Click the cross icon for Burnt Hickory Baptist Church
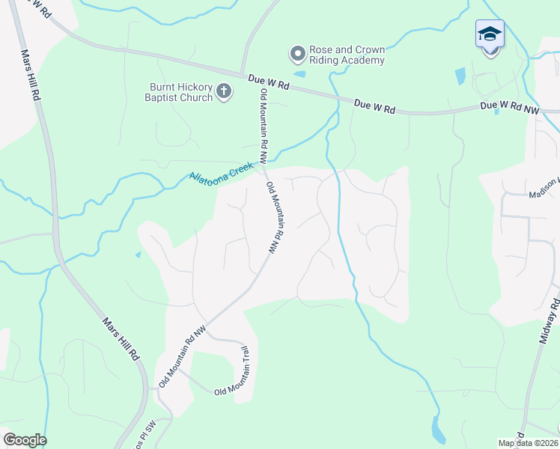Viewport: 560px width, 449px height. click(x=223, y=92)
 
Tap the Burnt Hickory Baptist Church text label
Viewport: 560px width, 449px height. click(x=180, y=92)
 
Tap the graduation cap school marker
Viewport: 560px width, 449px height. click(x=490, y=34)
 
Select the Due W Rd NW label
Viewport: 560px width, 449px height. click(x=509, y=106)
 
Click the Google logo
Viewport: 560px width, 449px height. click(x=25, y=440)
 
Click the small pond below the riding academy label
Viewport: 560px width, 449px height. click(x=300, y=73)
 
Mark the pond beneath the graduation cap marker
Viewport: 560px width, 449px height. click(x=460, y=76)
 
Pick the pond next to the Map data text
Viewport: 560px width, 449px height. click(x=437, y=428)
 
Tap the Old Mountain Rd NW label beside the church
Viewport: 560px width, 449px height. click(x=264, y=125)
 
